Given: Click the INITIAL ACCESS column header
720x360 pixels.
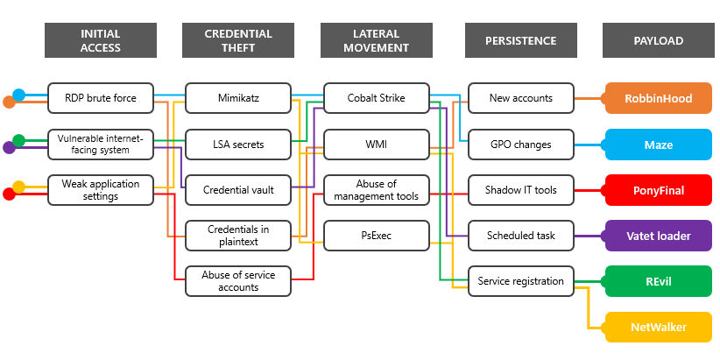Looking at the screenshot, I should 101,40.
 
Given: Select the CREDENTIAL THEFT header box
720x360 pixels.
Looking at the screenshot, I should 239,40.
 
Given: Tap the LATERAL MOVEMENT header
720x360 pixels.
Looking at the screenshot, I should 377,40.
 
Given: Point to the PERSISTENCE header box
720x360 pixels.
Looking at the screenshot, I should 521,40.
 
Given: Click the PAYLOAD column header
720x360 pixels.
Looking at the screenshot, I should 658,40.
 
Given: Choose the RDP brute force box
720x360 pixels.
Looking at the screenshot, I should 101,98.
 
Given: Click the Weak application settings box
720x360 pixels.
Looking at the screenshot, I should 101,189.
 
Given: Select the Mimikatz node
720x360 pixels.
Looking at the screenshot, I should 239,98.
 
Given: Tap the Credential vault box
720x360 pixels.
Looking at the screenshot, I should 239,189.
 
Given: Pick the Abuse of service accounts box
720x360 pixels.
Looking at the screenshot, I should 239,280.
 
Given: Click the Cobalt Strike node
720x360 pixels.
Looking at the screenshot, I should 377,98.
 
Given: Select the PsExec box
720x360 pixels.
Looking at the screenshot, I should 377,235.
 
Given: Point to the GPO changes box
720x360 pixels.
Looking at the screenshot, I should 521,144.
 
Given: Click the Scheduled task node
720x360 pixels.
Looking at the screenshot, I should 521,235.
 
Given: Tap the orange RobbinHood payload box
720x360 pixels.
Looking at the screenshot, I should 658,98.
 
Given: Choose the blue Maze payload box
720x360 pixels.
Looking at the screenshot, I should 658,144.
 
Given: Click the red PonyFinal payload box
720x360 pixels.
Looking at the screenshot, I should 658,189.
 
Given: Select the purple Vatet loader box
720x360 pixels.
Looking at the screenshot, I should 658,235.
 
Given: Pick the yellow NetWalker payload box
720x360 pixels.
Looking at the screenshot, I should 658,327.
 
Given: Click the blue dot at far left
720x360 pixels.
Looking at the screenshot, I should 18,95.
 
